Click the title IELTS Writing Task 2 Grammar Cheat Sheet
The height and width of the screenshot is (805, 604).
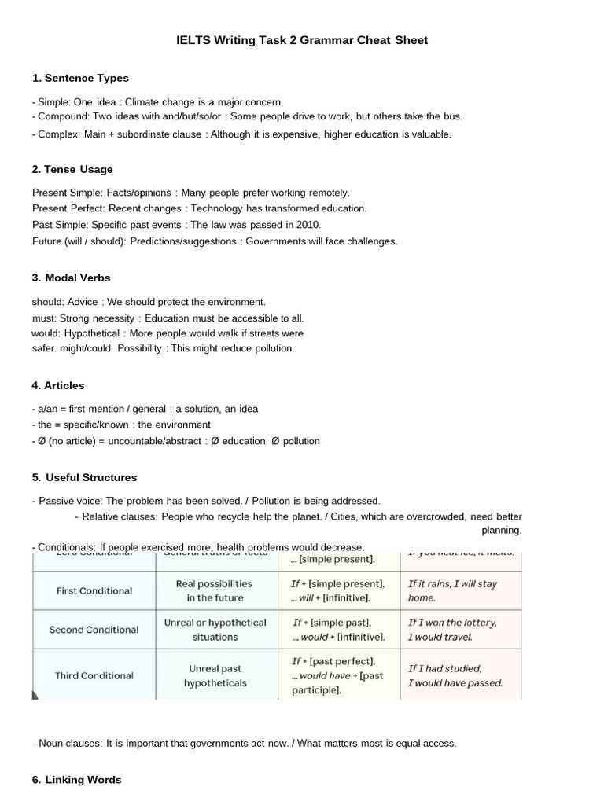(302, 40)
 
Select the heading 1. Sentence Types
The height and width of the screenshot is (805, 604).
(80, 78)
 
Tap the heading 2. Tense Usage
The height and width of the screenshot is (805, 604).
(72, 169)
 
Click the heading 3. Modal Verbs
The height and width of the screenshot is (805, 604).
(71, 278)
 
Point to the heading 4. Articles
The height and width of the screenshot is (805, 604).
(58, 385)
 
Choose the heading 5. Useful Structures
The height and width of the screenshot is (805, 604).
(84, 477)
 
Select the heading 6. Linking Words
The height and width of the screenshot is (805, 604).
(76, 780)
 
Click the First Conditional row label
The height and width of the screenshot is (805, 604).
(94, 590)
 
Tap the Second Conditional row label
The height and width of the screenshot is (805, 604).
(94, 630)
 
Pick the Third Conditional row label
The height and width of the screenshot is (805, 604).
(94, 675)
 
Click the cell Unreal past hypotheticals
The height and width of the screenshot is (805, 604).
(215, 676)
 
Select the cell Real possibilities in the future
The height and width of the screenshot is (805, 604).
(215, 590)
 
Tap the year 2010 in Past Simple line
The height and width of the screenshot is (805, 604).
(308, 225)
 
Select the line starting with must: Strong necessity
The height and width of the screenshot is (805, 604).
(168, 318)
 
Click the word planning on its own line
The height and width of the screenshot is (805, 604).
(501, 531)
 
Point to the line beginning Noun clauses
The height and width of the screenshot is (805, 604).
(244, 743)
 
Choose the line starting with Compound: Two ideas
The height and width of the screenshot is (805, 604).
(247, 116)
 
